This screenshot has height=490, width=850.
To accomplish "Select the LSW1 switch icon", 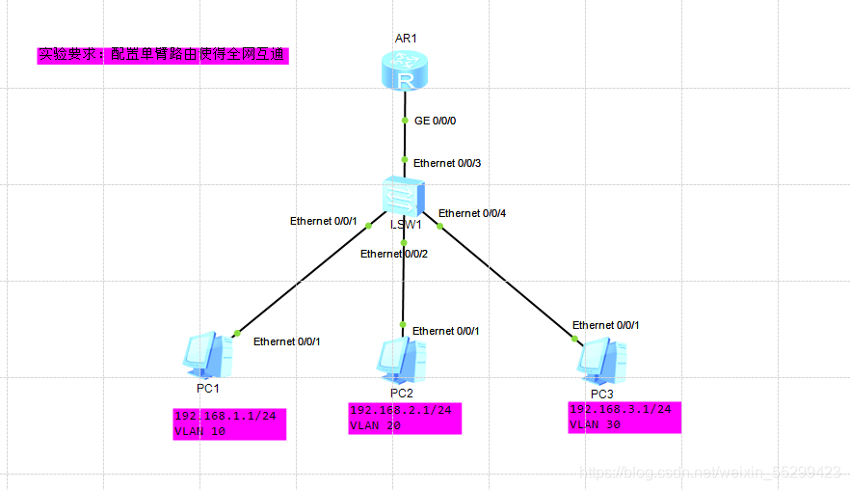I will [x=403, y=197].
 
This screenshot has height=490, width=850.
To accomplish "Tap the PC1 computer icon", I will [x=207, y=356].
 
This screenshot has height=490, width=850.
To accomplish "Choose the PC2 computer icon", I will [x=401, y=361].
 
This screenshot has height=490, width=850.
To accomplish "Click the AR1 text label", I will [x=405, y=39].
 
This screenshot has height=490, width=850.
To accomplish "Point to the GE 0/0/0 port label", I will [x=435, y=122].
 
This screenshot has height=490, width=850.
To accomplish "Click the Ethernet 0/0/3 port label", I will [x=446, y=163].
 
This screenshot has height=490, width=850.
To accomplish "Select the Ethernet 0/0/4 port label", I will [x=471, y=213].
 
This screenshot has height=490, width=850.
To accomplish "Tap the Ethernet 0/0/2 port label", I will [x=393, y=254].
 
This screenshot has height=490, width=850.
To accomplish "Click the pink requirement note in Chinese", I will [x=163, y=55].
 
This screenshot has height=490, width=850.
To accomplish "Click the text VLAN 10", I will [x=199, y=432].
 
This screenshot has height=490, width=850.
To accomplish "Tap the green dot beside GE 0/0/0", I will [x=405, y=121].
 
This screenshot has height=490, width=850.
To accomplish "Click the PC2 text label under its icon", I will [x=402, y=393].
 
